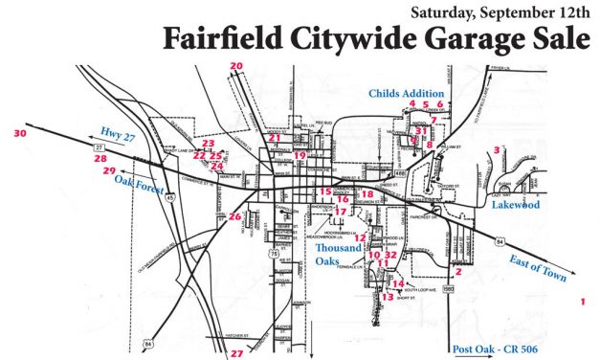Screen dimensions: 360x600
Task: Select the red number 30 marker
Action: point(20,134)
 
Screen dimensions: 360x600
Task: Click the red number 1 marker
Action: point(582,302)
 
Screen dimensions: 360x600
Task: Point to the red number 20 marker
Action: point(236,65)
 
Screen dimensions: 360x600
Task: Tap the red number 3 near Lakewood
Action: point(497,150)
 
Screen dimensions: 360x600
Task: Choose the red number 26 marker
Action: point(234,217)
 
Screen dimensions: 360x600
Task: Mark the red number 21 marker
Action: point(275,139)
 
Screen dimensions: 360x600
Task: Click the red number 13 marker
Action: point(388,298)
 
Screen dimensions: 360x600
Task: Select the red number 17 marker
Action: point(340,212)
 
